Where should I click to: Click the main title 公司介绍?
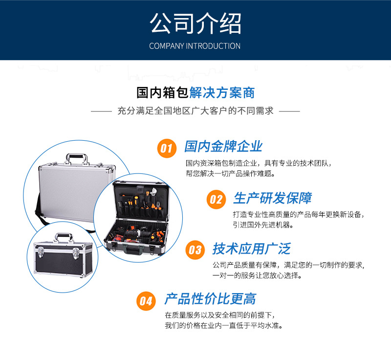tap(195, 23)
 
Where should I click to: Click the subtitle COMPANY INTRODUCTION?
tap(195, 46)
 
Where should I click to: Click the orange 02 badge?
tap(216, 199)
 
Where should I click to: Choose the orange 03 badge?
tap(195, 250)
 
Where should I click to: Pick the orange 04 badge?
tap(146, 300)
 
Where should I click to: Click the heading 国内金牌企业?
tap(223, 147)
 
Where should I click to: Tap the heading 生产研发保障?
tap(272, 198)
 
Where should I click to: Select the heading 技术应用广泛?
tap(251, 249)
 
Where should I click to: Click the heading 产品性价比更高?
tap(210, 299)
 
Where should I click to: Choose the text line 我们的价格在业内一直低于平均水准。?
tap(223, 326)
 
